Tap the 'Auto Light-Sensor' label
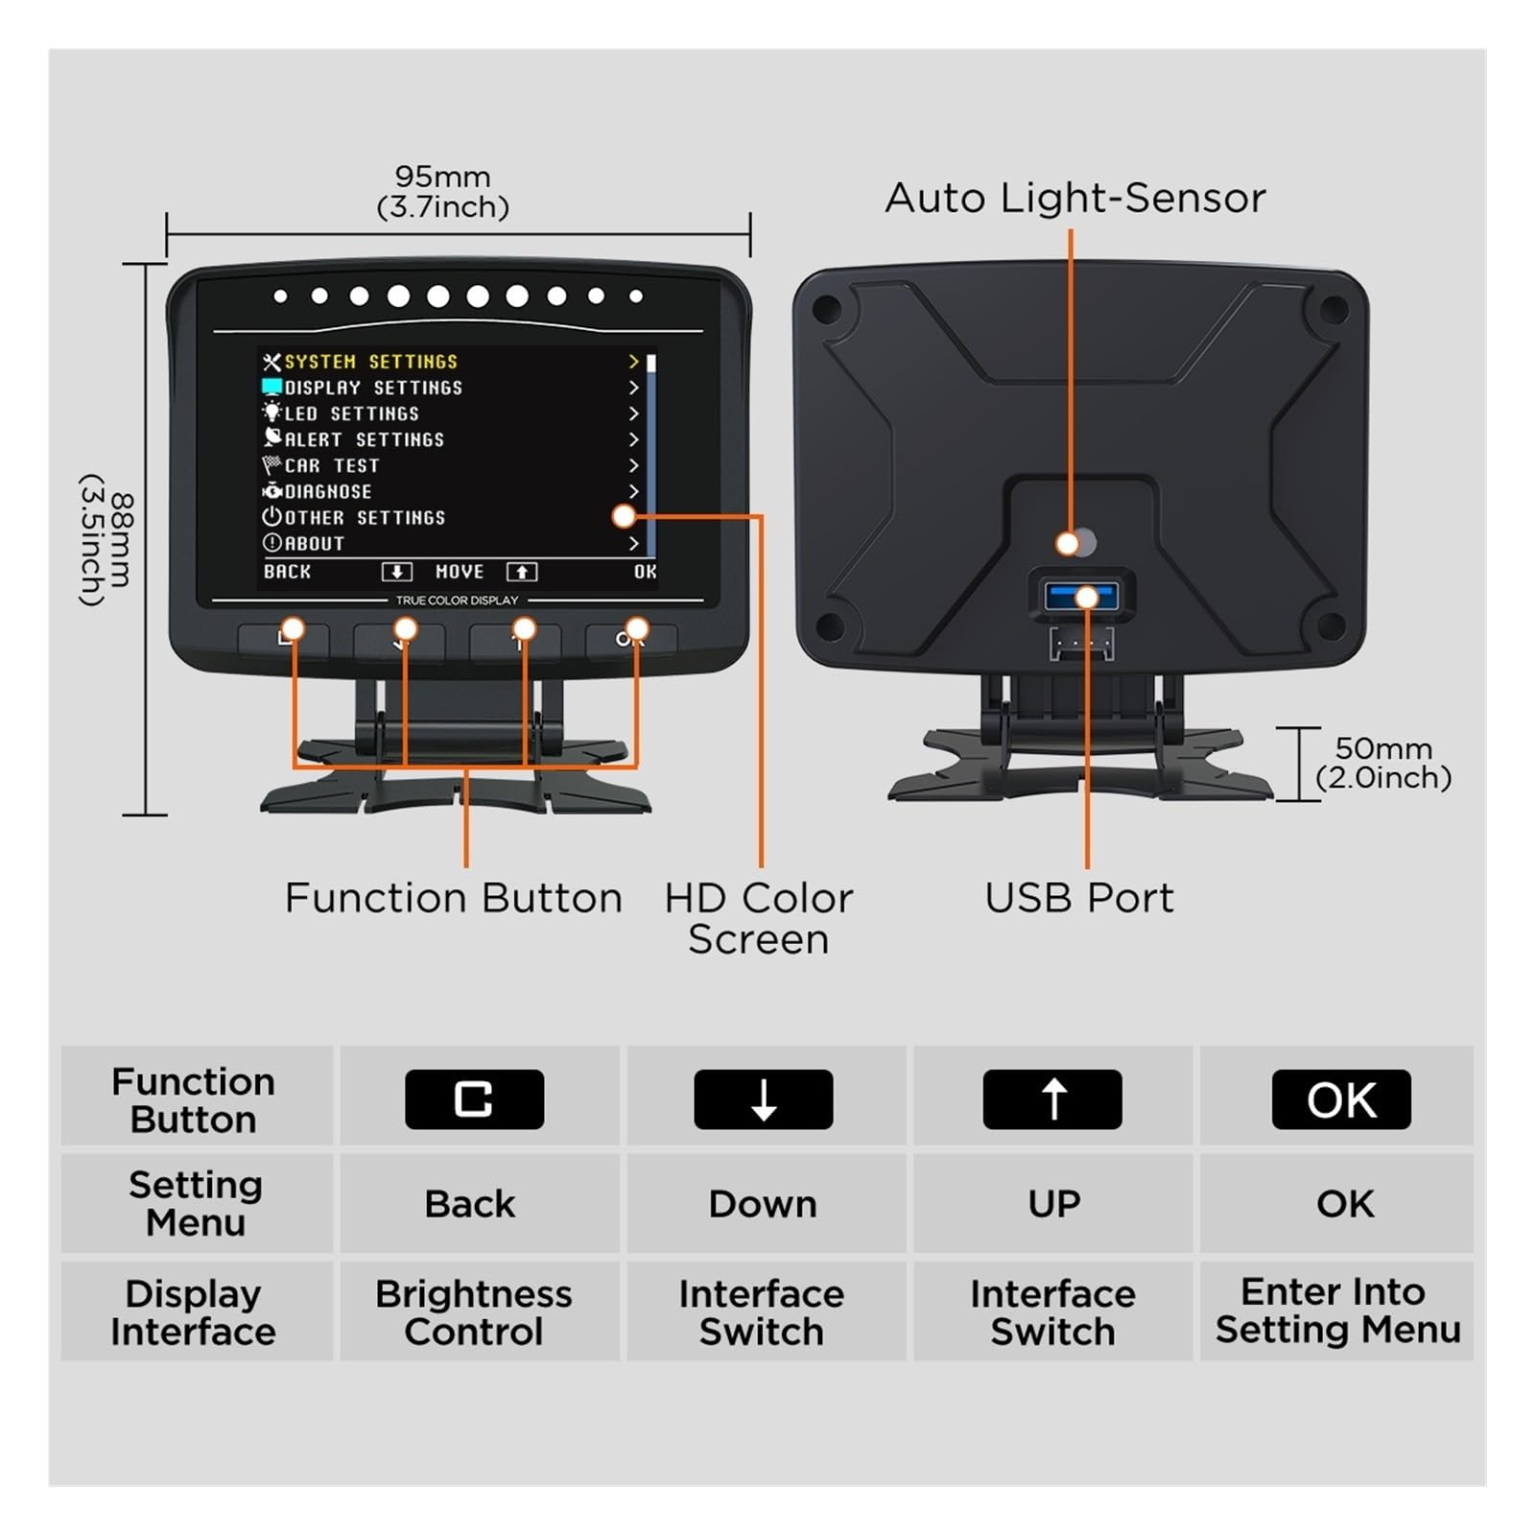coord(1075,199)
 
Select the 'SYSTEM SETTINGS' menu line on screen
coord(370,362)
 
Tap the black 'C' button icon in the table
coord(474,1099)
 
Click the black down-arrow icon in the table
coord(764,1099)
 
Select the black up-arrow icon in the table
coord(1052,1099)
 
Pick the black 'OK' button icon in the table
coord(1341,1099)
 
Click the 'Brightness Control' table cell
coord(474,1312)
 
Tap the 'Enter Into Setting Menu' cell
coord(1337,1311)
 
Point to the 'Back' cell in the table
coord(470,1204)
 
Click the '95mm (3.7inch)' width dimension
coord(442,192)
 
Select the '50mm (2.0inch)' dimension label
coord(1383,763)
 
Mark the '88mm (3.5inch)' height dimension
coord(106,539)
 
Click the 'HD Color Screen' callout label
coord(758,918)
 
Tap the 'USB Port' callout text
coord(1079,898)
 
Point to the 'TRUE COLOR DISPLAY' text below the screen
coord(457,601)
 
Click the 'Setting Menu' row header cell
coord(196,1204)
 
